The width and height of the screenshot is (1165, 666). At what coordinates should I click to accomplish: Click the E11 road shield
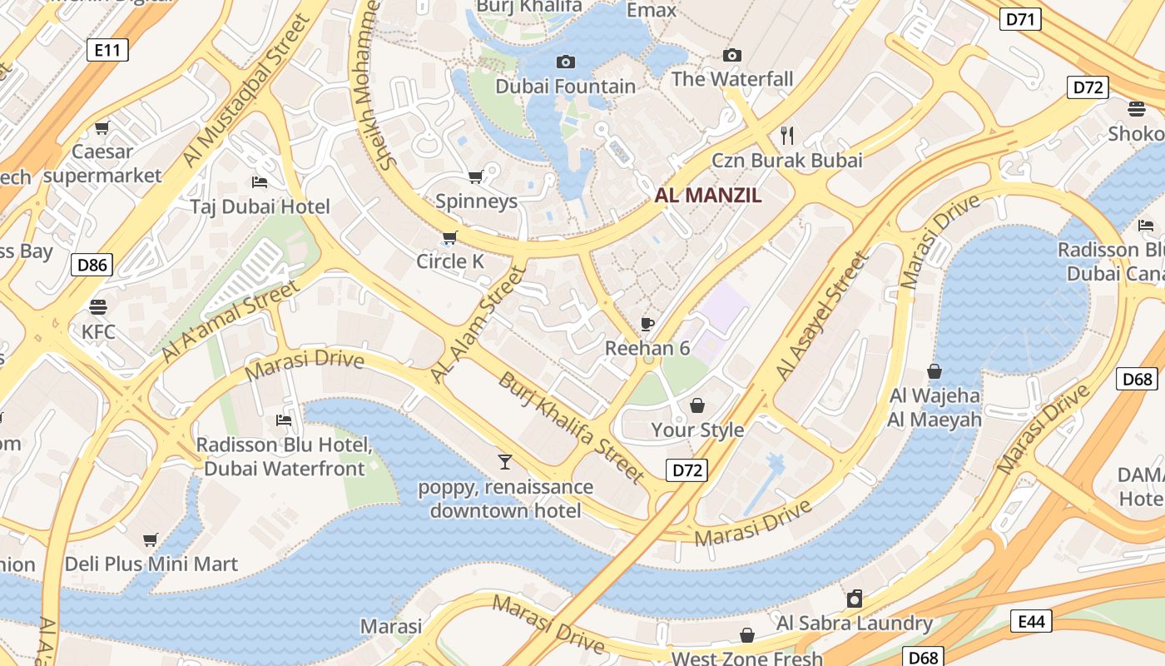click(107, 50)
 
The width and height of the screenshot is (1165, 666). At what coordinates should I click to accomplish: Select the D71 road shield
click(1019, 19)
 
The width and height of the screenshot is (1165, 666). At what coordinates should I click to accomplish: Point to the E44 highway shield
click(1031, 621)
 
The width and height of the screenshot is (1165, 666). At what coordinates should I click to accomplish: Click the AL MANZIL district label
click(708, 196)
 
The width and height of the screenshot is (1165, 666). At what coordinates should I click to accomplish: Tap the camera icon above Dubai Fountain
click(565, 62)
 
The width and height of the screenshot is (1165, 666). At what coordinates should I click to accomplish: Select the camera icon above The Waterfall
click(731, 55)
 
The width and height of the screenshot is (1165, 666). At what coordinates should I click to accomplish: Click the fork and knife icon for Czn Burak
click(786, 135)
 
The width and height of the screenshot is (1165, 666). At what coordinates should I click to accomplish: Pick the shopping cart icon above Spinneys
click(476, 176)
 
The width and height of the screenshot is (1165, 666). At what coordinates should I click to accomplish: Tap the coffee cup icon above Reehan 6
click(647, 324)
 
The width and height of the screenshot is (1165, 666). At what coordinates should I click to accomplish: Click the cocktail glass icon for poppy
click(504, 461)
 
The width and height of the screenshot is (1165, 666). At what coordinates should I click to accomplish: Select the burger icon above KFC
click(98, 306)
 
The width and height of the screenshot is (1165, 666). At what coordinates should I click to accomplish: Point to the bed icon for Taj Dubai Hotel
click(260, 181)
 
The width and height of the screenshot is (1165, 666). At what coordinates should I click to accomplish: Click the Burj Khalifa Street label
click(571, 428)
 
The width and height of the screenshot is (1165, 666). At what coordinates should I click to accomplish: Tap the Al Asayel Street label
click(821, 317)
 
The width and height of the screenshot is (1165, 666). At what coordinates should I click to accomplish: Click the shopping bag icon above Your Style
click(697, 405)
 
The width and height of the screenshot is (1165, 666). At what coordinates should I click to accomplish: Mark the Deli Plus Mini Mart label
click(151, 564)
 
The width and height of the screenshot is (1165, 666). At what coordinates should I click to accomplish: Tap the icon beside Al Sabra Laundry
click(854, 599)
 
